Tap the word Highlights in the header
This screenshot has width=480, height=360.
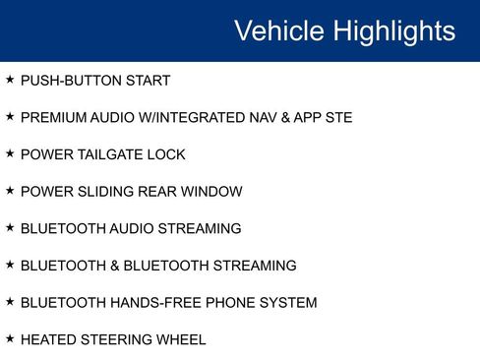tap(393, 31)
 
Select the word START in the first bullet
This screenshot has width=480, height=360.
tap(146, 81)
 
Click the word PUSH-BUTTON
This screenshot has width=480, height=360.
tap(68, 81)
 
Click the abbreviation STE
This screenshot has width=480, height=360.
tap(335, 118)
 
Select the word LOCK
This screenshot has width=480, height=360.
tap(167, 154)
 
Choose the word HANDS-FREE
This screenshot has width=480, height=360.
tap(147, 303)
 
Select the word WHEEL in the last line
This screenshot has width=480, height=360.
tap(181, 340)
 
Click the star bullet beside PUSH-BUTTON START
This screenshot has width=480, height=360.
tap(10, 80)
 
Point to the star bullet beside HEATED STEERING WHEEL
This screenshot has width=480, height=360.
tap(10, 339)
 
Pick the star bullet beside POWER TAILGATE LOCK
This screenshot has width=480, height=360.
tap(10, 153)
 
